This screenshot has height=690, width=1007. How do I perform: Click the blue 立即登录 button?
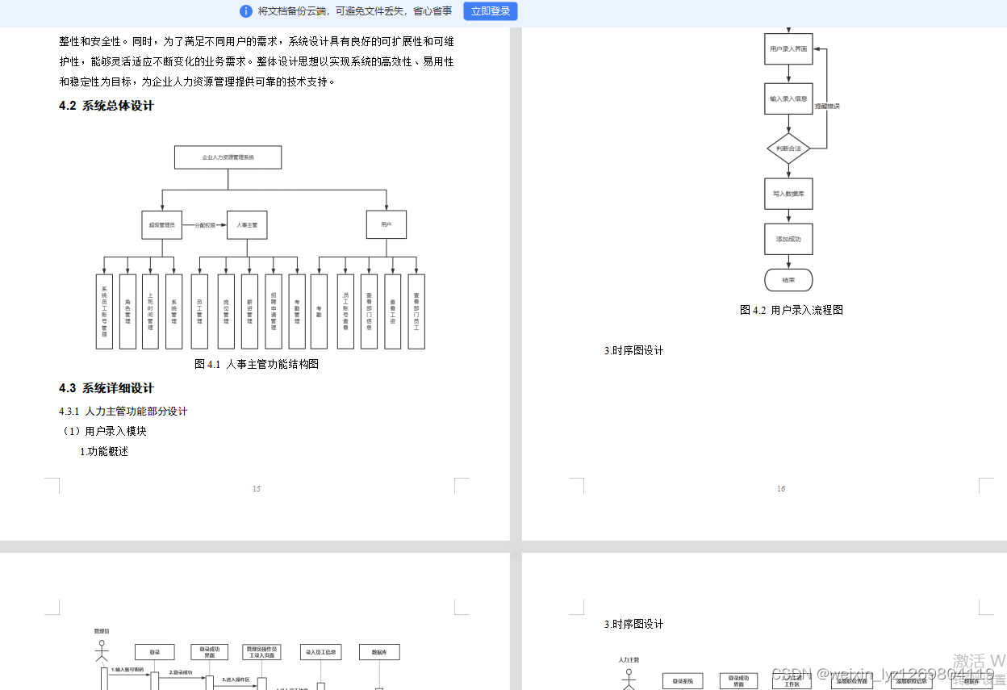click(x=490, y=11)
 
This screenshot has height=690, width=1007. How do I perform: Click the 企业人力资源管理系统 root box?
click(x=228, y=157)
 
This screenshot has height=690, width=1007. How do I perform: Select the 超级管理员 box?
click(x=161, y=225)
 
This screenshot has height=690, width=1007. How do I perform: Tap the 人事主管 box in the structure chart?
click(x=247, y=225)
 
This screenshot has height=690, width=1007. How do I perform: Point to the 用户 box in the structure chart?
click(x=387, y=225)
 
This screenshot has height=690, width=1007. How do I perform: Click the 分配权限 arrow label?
click(x=205, y=225)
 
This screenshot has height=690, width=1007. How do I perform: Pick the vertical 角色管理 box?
click(x=127, y=312)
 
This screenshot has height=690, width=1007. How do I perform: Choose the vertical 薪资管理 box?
click(x=249, y=312)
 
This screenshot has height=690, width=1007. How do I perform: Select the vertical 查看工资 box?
click(x=393, y=312)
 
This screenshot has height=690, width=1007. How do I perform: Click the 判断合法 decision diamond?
click(x=788, y=148)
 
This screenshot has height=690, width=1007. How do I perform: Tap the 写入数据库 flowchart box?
click(x=788, y=194)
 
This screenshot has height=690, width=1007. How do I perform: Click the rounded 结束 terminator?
click(x=788, y=280)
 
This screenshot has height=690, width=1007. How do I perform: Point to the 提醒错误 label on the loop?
click(x=827, y=106)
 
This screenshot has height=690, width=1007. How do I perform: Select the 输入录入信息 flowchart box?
click(x=788, y=98)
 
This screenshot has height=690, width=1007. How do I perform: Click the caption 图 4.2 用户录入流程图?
click(x=792, y=310)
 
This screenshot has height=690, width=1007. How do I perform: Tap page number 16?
click(x=780, y=488)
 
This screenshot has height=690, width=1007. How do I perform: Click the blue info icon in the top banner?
click(x=246, y=11)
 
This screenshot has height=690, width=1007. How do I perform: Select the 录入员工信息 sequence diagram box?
click(x=321, y=652)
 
